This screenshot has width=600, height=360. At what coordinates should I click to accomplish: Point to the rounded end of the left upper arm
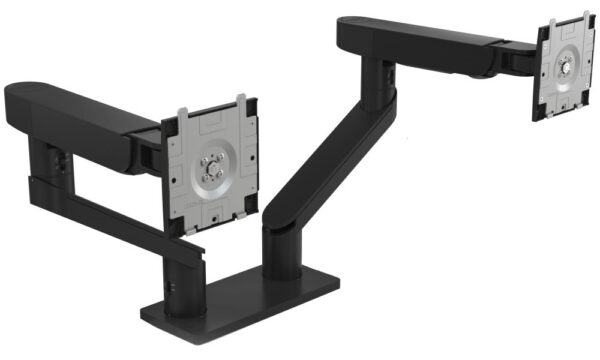click(22, 100)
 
